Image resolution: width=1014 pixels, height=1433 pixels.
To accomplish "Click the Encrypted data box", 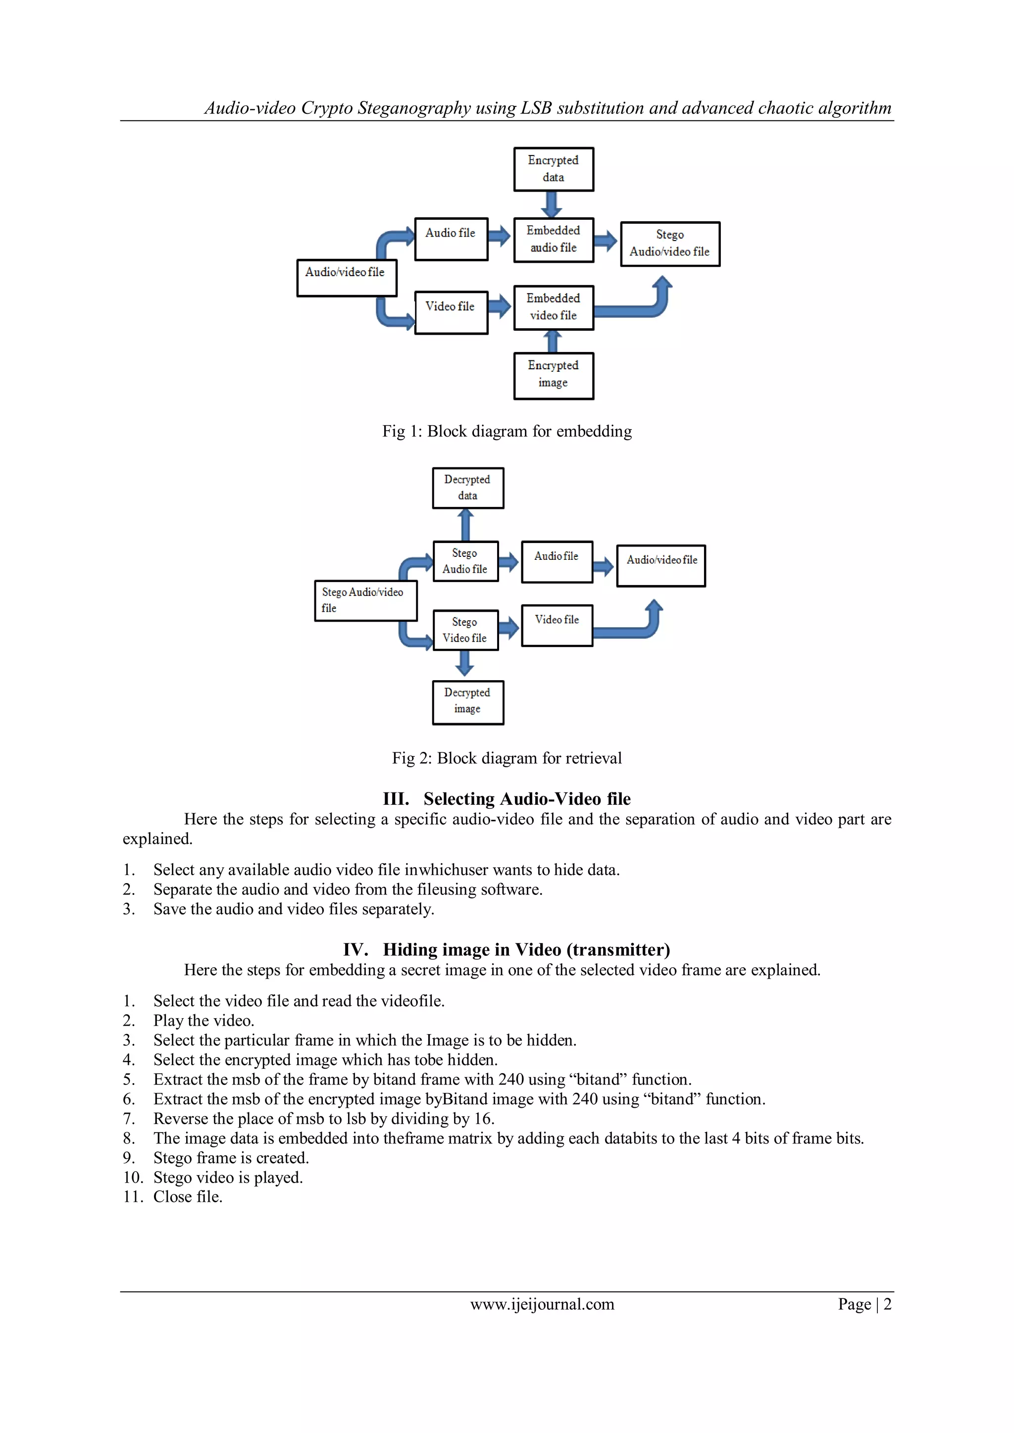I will pyautogui.click(x=553, y=169).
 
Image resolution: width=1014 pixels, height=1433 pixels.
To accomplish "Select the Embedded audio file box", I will pyautogui.click(x=553, y=240).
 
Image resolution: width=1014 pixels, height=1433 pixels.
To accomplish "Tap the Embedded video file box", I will pyautogui.click(x=553, y=307).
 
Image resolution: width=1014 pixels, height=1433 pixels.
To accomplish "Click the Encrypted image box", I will pyautogui.click(x=553, y=375).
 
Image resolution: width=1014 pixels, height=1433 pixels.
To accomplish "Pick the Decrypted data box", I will pyautogui.click(x=468, y=488).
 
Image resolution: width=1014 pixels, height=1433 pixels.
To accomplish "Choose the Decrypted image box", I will pyautogui.click(x=468, y=701).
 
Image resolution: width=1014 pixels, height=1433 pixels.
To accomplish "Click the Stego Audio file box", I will pyautogui.click(x=465, y=561).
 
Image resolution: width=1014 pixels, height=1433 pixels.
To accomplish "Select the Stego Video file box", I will pyautogui.click(x=465, y=630).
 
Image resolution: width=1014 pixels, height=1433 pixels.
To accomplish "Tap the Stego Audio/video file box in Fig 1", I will pyautogui.click(x=670, y=244).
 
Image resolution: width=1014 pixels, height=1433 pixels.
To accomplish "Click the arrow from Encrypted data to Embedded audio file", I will pyautogui.click(x=552, y=204).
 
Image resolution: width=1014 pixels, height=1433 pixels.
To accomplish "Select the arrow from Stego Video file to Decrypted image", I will pyautogui.click(x=464, y=663).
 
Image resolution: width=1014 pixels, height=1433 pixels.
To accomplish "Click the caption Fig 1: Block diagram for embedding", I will pyautogui.click(x=507, y=431).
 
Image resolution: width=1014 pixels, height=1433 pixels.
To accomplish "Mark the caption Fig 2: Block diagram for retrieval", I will pyautogui.click(x=507, y=758).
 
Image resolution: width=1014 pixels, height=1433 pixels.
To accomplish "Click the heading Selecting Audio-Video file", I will pyautogui.click(x=526, y=799).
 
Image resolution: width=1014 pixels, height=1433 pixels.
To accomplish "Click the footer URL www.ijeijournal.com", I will pyautogui.click(x=542, y=1304).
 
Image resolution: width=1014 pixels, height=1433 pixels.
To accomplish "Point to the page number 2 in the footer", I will pyautogui.click(x=887, y=1304).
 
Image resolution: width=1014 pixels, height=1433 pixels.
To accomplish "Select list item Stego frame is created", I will pyautogui.click(x=231, y=1158).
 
